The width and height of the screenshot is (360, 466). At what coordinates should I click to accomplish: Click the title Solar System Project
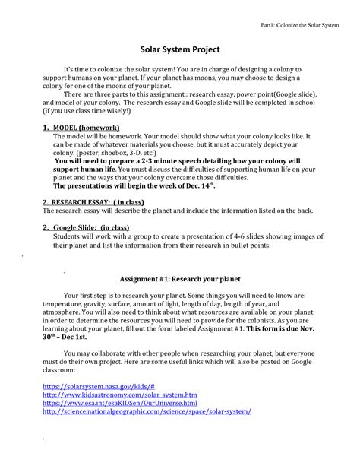(180, 49)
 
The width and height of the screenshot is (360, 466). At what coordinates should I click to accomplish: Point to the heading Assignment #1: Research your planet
(180, 279)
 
